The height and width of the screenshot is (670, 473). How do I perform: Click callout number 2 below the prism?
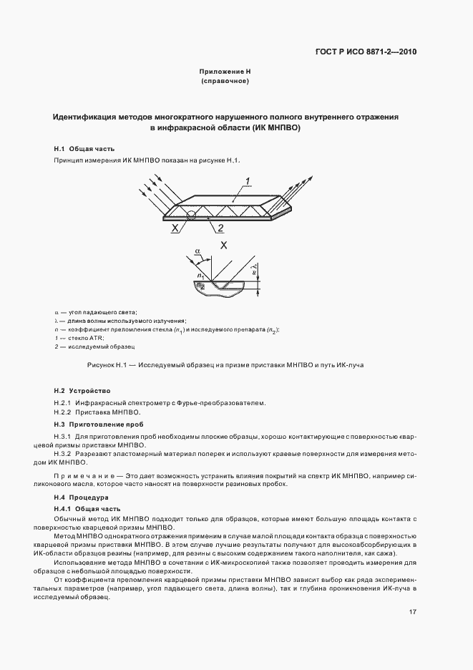tap(221, 228)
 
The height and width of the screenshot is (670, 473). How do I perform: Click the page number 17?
tap(414, 612)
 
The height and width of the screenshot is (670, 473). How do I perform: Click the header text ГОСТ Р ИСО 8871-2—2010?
tap(367, 52)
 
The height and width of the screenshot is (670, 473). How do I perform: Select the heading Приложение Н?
tap(225, 72)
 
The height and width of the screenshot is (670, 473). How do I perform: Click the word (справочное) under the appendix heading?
tap(225, 82)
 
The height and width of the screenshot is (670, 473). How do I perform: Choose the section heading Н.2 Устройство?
tap(82, 391)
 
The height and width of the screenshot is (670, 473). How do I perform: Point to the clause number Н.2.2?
tap(64, 412)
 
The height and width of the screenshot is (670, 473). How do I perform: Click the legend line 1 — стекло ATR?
tap(79, 337)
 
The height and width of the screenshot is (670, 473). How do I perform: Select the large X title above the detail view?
tap(224, 244)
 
